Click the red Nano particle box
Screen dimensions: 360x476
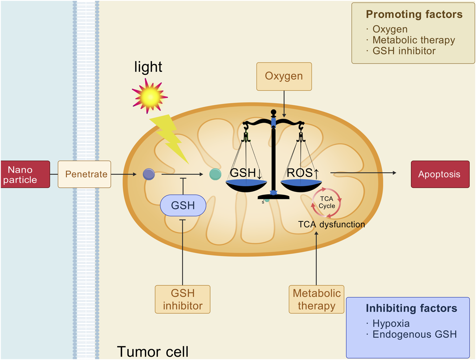25,174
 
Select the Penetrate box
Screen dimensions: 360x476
84,174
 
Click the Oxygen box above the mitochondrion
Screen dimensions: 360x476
284,76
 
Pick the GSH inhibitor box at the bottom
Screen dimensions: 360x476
182,299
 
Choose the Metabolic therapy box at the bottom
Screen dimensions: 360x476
316,299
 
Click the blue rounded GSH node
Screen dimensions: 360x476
183,206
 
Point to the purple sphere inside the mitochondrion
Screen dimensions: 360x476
149,174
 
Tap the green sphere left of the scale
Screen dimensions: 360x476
215,174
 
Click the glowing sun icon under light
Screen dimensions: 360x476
150,96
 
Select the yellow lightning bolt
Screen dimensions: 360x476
171,138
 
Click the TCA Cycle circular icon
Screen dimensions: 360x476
326,203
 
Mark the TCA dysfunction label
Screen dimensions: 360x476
331,225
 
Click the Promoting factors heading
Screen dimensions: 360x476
414,15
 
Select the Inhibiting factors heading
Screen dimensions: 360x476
411,309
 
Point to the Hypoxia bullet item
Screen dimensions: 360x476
391,323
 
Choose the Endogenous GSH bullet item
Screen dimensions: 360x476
414,334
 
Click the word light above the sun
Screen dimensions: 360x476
148,67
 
